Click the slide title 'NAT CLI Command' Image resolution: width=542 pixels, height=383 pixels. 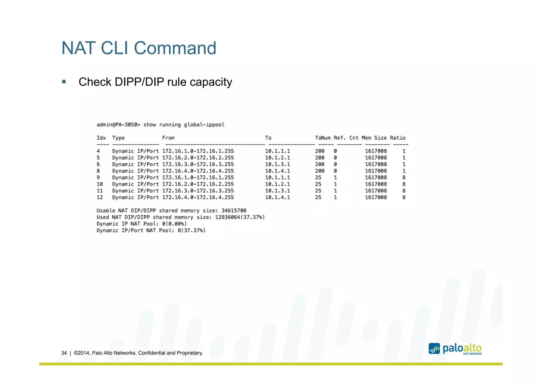[139, 48]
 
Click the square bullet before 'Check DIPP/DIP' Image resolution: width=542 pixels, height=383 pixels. [64, 82]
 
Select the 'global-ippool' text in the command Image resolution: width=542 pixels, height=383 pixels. [204, 125]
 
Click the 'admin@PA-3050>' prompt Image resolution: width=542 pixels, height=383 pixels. [118, 125]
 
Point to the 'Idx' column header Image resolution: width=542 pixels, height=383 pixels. [101, 138]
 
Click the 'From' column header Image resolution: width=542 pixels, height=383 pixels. [168, 138]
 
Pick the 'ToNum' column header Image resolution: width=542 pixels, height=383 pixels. [323, 138]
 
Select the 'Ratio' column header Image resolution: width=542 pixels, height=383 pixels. [398, 138]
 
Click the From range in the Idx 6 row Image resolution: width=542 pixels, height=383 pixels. [198, 164]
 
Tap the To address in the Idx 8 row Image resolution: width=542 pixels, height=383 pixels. [277, 171]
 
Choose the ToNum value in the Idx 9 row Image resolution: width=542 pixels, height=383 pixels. [318, 178]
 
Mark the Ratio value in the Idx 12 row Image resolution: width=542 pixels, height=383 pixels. [404, 197]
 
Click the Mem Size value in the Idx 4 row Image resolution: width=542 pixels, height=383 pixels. [376, 151]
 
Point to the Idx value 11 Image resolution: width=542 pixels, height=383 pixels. [100, 191]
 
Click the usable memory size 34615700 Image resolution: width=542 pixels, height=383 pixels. [234, 211]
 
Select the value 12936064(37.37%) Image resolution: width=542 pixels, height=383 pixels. [240, 217]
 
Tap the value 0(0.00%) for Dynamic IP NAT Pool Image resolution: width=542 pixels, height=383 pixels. [174, 224]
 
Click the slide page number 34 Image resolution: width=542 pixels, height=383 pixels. [64, 353]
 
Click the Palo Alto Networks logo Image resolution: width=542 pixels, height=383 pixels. [455, 349]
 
